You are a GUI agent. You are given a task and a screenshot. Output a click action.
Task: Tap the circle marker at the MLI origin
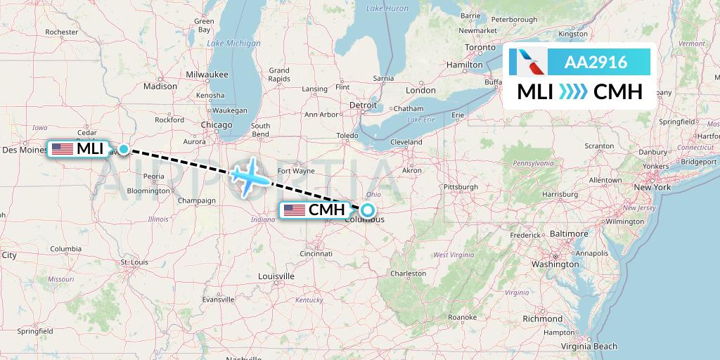click(124, 148)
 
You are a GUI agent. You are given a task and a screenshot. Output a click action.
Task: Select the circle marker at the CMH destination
click(367, 210)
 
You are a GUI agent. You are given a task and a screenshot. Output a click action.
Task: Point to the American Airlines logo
click(532, 63)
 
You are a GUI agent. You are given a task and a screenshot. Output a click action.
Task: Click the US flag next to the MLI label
click(62, 149)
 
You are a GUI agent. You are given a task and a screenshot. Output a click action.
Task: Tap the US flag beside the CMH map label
click(294, 210)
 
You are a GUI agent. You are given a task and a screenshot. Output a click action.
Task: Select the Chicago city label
click(217, 124)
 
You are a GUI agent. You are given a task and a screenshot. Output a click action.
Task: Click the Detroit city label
click(364, 105)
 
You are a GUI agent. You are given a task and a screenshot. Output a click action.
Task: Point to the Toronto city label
click(481, 47)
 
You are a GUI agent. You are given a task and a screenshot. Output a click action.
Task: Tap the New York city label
click(652, 187)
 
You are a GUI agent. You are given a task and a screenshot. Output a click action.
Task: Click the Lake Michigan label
click(233, 44)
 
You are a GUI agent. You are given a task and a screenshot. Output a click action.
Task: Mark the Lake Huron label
click(387, 8)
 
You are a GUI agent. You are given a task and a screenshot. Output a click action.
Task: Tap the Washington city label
click(555, 264)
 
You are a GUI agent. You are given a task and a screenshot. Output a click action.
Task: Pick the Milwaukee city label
click(207, 74)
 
